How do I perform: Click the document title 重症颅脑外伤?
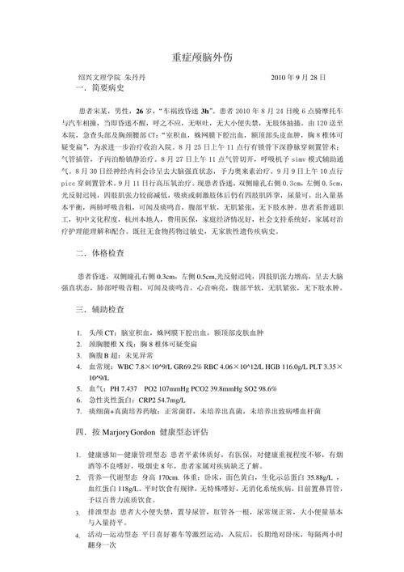pyautogui.click(x=202, y=57)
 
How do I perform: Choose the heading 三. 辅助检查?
pyautogui.click(x=99, y=311)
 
